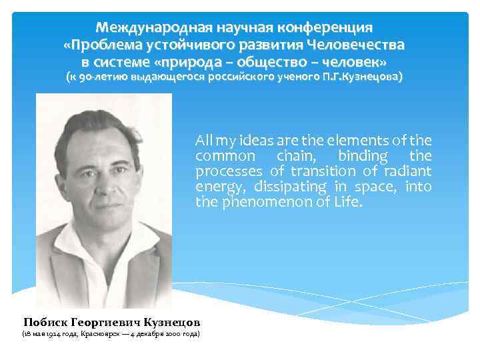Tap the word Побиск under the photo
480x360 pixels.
46,320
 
